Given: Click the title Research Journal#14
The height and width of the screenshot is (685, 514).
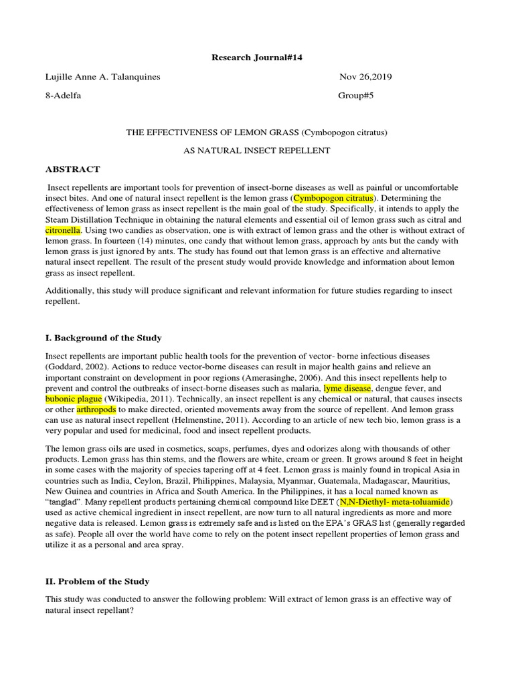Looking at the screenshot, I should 257,58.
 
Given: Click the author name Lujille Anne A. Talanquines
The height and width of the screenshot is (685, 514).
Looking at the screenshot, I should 102,77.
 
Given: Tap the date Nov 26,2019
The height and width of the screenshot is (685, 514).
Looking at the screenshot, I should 365,77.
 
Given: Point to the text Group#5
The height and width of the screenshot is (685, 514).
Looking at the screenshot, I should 355,96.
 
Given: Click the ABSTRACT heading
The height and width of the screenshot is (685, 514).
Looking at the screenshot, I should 72,169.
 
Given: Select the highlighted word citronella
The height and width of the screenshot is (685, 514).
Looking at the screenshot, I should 62,229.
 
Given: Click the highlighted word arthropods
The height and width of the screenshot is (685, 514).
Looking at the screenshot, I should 96,408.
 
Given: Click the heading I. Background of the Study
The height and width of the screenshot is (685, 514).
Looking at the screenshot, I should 103,338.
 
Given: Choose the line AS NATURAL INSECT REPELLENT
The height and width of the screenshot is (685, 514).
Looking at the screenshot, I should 257,151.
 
